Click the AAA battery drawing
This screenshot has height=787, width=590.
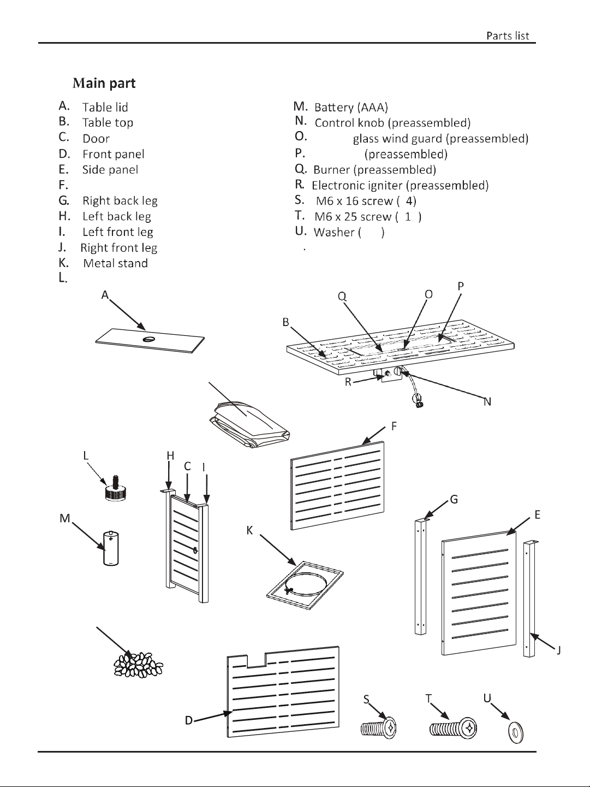pyautogui.click(x=111, y=548)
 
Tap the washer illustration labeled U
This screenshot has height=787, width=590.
pyautogui.click(x=516, y=733)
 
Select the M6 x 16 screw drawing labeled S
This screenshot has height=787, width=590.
pyautogui.click(x=379, y=728)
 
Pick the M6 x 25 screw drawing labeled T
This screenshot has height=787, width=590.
pyautogui.click(x=454, y=728)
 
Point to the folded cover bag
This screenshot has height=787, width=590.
pyautogui.click(x=249, y=425)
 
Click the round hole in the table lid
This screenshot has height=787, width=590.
pyautogui.click(x=148, y=339)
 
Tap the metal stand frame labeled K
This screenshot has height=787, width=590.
pyautogui.click(x=305, y=585)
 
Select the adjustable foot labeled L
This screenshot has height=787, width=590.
pyautogui.click(x=115, y=488)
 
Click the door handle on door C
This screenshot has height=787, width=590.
pyautogui.click(x=195, y=551)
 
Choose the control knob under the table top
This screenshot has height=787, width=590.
pyautogui.click(x=398, y=371)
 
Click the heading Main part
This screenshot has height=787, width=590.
pyautogui.click(x=104, y=83)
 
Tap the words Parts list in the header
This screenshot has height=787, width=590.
pyautogui.click(x=508, y=36)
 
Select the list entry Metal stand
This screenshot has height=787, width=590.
pyautogui.click(x=115, y=263)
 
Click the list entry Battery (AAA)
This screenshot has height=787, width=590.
pyautogui.click(x=351, y=107)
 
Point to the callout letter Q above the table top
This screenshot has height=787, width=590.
pyautogui.click(x=342, y=297)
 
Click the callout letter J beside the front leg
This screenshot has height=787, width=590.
pyautogui.click(x=558, y=650)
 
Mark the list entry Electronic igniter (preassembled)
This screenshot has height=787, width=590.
pyautogui.click(x=400, y=185)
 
